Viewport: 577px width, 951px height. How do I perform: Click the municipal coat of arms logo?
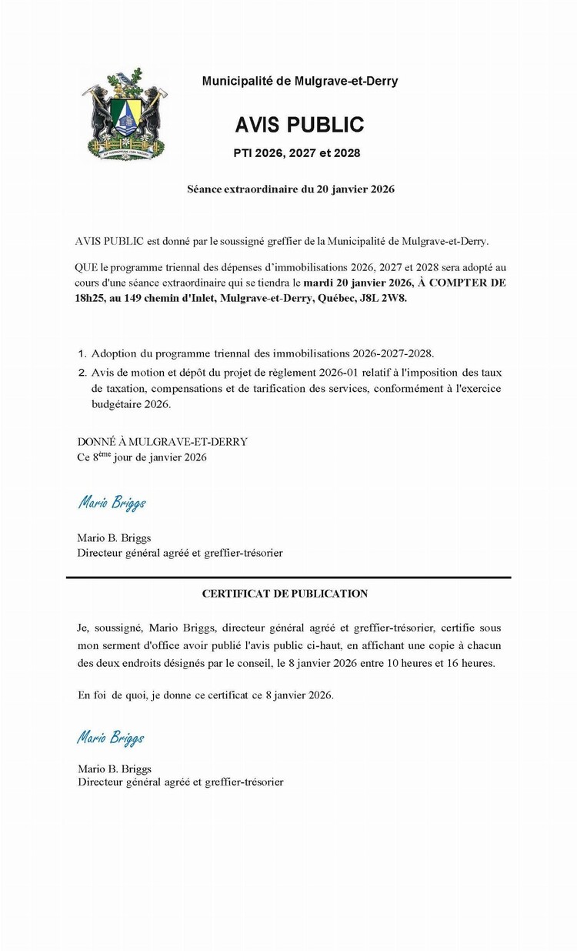pos(125,113)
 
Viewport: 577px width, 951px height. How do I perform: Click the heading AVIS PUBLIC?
pos(299,125)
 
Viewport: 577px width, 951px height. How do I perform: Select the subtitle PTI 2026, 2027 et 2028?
pos(297,153)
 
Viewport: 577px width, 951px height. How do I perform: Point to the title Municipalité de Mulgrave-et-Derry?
pos(299,81)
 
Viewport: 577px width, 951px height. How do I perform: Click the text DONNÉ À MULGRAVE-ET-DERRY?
pos(162,442)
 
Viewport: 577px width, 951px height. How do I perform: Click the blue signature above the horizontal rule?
pos(112,504)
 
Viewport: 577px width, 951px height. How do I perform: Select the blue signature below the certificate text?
pos(110,738)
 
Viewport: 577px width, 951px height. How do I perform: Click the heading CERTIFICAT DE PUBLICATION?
pos(285,594)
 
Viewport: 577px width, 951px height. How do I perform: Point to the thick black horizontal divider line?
pos(288,577)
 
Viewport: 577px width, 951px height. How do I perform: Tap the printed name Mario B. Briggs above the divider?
pos(114,538)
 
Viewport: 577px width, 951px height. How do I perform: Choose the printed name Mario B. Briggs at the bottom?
pos(115,769)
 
